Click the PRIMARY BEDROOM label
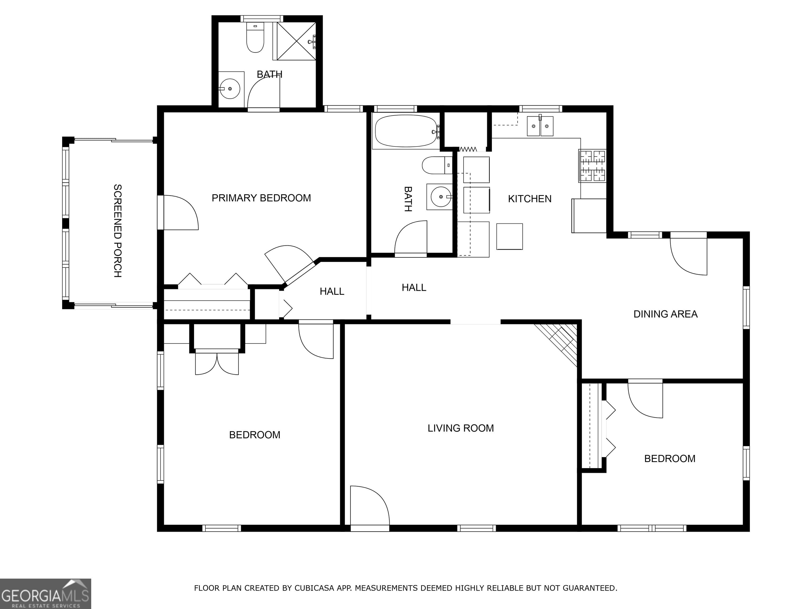click(261, 198)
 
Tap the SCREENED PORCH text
click(117, 230)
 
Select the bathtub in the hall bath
click(406, 131)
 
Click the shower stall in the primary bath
click(296, 40)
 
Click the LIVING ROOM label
click(460, 428)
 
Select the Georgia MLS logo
click(45, 594)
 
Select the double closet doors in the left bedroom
click(216, 363)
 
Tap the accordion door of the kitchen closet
click(468, 149)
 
